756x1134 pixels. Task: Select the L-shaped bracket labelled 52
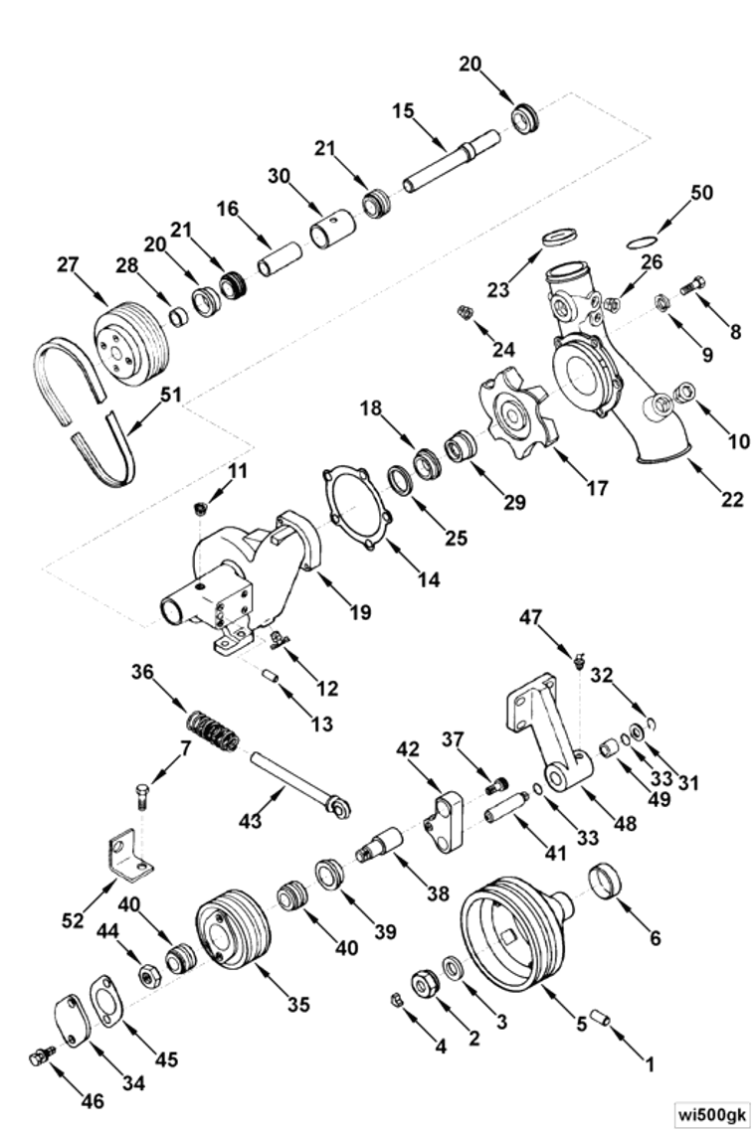click(128, 854)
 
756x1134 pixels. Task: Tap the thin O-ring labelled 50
click(645, 240)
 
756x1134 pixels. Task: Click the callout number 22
click(732, 499)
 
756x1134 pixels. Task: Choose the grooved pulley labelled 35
click(231, 928)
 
